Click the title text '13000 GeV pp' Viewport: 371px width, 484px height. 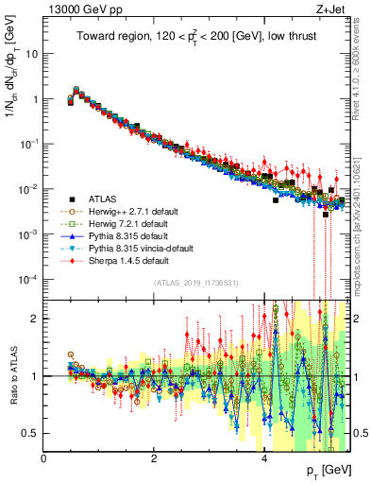point(76,9)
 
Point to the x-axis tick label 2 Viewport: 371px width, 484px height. point(154,457)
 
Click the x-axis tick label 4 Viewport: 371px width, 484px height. point(264,457)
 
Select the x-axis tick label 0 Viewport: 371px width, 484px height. point(43,457)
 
